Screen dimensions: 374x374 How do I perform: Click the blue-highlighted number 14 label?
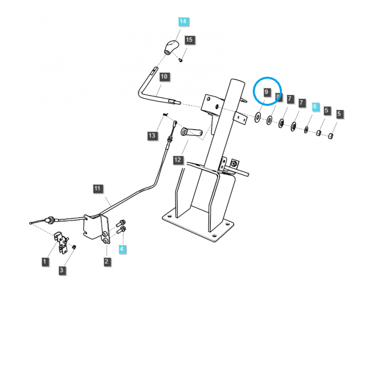pos(182,22)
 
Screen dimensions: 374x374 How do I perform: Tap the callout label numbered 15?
pos(189,40)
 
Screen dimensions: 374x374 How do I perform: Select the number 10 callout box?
pos(164,76)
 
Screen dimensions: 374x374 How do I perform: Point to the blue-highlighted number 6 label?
pos(315,107)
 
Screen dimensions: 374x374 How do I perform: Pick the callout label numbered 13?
pos(151,136)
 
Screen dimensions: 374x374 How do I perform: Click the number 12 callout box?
pos(178,160)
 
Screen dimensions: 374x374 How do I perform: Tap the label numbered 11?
pos(97,189)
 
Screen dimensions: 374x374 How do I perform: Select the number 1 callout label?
pos(45,261)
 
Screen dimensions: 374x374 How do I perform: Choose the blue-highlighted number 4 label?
pos(122,249)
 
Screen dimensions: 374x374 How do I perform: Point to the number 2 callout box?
pos(107,261)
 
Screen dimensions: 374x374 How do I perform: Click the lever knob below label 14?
pos(172,48)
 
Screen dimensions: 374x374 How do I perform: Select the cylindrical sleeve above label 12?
pos(192,133)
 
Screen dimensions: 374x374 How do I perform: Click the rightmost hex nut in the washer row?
pos(330,136)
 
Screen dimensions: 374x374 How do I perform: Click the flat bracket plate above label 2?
pos(95,227)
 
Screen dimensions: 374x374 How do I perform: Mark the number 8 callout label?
pos(278,97)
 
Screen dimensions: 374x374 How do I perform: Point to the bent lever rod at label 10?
pos(150,91)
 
